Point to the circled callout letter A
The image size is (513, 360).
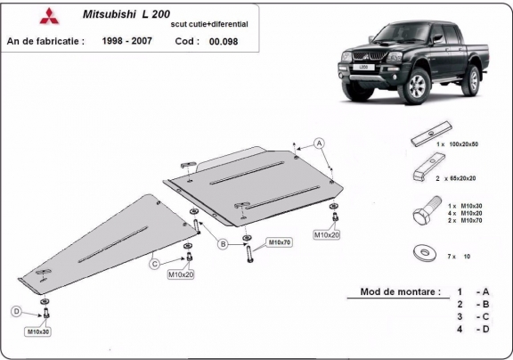(x=320, y=143)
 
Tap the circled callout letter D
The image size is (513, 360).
(x=15, y=311)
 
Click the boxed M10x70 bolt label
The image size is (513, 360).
(x=280, y=241)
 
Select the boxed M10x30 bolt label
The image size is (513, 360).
(x=39, y=331)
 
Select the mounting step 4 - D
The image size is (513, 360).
(x=473, y=330)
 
